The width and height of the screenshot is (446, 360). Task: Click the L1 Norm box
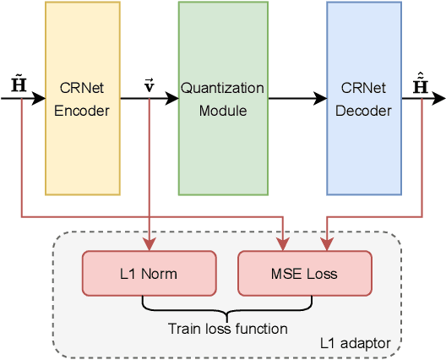150,274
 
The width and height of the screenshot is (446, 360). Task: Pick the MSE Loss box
305,274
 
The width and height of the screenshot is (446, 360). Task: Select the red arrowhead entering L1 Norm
150,246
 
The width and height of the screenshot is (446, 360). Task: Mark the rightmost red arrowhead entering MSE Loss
328,246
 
